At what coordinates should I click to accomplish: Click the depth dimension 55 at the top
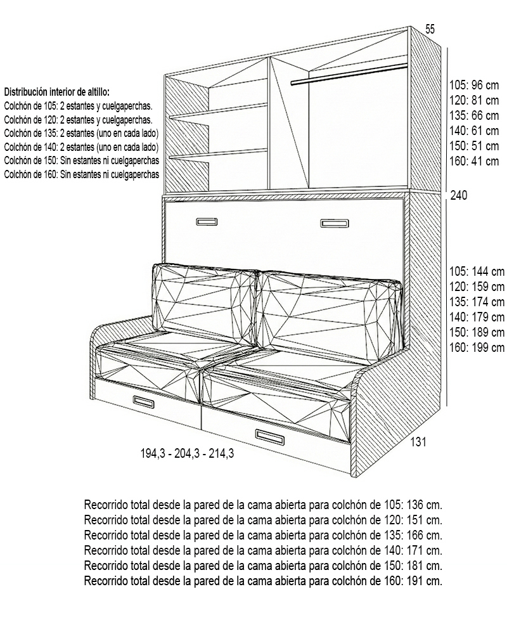tap(430, 29)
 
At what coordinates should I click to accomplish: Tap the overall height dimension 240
tap(458, 195)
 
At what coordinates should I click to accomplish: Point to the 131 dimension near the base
tap(417, 443)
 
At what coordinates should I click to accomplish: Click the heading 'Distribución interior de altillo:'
tap(56, 92)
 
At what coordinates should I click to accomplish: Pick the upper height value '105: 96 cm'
tap(473, 84)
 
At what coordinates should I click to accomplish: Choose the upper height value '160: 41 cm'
tap(473, 161)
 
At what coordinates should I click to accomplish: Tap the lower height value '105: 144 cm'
tap(476, 271)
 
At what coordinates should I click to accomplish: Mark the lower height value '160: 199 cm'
tap(476, 347)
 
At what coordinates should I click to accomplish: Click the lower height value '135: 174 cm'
tap(476, 302)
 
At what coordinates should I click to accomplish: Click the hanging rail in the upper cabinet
tap(349, 74)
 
